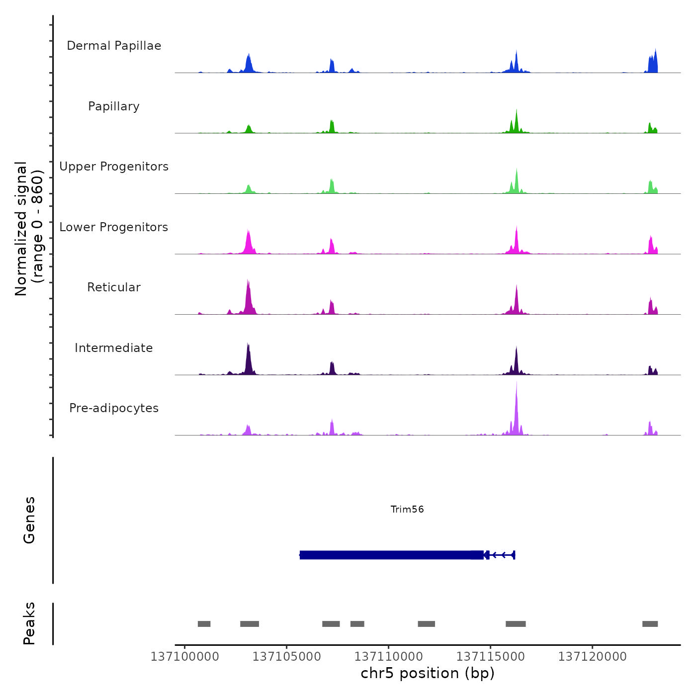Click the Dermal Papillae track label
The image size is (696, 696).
(x=114, y=46)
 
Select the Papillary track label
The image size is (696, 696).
(x=114, y=106)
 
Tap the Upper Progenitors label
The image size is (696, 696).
(x=114, y=167)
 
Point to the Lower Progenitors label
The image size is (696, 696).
(x=114, y=227)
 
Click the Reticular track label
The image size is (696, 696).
(x=114, y=287)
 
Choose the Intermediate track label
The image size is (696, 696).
(x=114, y=348)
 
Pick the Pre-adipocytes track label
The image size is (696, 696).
(x=114, y=408)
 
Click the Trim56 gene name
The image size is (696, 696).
(x=407, y=509)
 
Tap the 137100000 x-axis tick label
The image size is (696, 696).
(x=184, y=657)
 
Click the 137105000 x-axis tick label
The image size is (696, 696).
(x=286, y=657)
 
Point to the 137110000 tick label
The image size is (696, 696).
(x=388, y=657)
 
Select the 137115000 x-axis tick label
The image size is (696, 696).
(x=490, y=657)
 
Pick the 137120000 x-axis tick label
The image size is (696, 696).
(x=592, y=657)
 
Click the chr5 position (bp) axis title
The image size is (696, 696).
(x=428, y=673)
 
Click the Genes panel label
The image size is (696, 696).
(x=29, y=520)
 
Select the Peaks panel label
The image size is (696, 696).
(x=29, y=623)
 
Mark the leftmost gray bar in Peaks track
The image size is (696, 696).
(x=204, y=624)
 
